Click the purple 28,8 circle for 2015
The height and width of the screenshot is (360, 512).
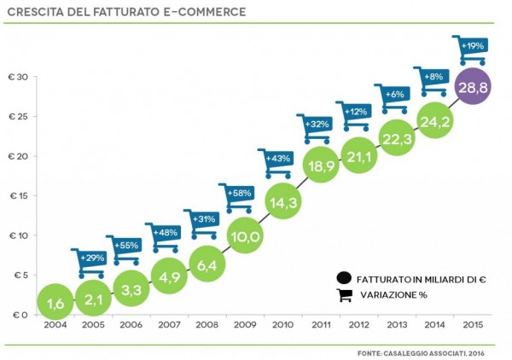click(473, 89)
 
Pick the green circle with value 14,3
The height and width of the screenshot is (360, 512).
click(282, 202)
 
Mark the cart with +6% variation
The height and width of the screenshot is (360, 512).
click(393, 97)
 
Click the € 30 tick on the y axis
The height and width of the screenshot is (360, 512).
click(20, 78)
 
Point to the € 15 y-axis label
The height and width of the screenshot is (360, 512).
click(20, 196)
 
